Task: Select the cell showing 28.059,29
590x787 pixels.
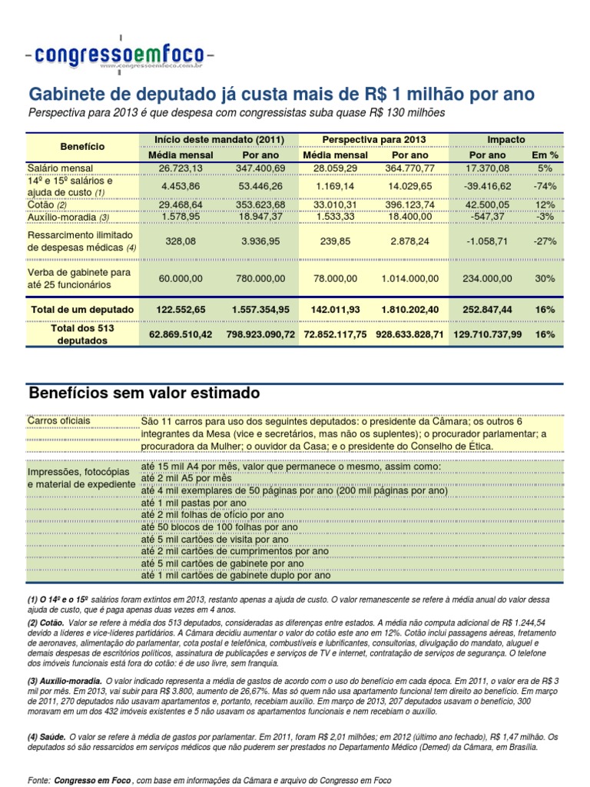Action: click(x=333, y=168)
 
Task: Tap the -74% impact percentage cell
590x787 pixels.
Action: click(x=545, y=186)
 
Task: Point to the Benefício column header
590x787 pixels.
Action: click(x=82, y=146)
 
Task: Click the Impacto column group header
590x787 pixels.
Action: click(x=506, y=139)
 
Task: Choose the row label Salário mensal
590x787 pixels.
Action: click(x=61, y=168)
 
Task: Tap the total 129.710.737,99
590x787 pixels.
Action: click(x=487, y=334)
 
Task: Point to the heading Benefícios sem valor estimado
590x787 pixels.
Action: click(x=144, y=393)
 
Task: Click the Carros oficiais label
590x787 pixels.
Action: click(x=58, y=421)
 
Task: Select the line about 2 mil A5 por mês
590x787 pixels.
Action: click(x=186, y=478)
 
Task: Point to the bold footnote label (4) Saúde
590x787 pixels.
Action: click(x=45, y=736)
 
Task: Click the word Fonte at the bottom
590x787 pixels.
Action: click(x=38, y=780)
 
